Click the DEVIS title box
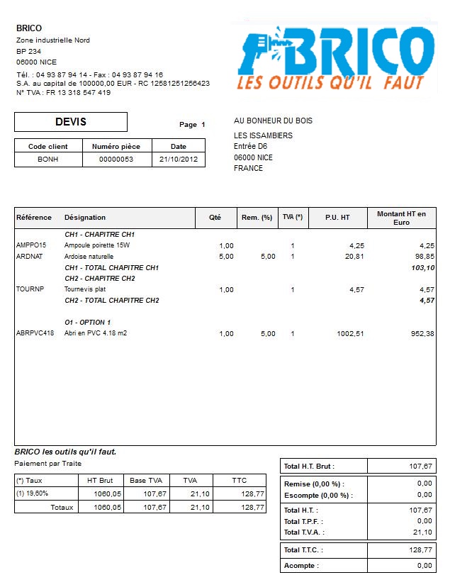(x=71, y=122)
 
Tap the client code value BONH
(x=48, y=160)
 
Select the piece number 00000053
(x=117, y=160)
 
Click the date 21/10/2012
(x=179, y=160)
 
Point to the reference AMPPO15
(x=30, y=245)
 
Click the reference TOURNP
(x=29, y=289)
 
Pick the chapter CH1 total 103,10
(x=422, y=267)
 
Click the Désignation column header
(x=85, y=218)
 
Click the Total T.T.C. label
(x=303, y=549)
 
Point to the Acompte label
(x=300, y=566)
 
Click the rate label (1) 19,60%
(x=33, y=493)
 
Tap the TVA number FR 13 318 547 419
(x=79, y=93)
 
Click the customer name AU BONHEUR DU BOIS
(x=273, y=121)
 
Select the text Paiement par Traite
(x=46, y=463)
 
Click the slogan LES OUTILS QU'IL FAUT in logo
(x=330, y=84)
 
